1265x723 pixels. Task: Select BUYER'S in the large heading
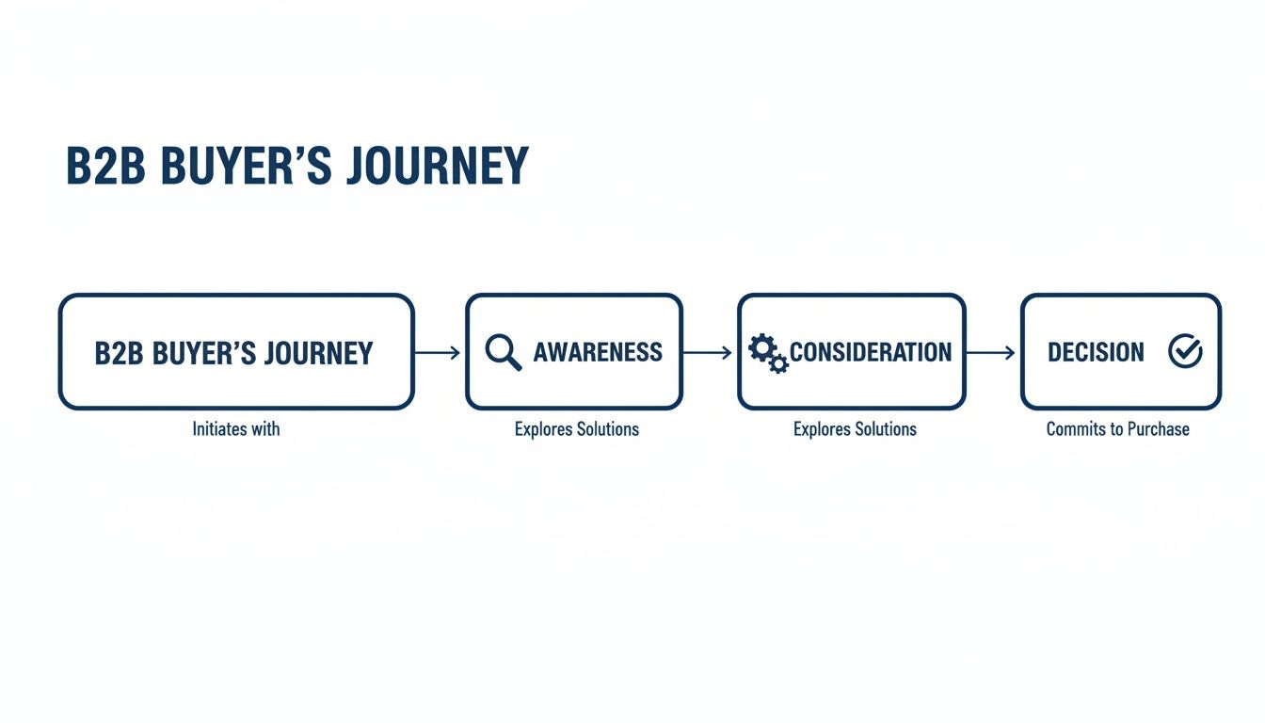(x=247, y=166)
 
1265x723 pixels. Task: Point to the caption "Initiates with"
(x=236, y=429)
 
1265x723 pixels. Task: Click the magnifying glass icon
(x=503, y=353)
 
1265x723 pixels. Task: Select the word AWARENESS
(x=598, y=353)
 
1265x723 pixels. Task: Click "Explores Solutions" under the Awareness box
(x=576, y=429)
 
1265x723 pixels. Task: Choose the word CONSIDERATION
(x=871, y=353)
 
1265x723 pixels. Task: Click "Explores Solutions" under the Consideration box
(x=855, y=429)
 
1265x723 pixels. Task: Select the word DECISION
(x=1096, y=353)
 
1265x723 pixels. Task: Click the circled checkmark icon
(x=1185, y=352)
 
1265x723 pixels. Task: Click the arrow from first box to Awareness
(x=438, y=353)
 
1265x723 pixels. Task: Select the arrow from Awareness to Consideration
(x=708, y=353)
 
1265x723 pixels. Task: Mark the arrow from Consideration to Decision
(x=991, y=353)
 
